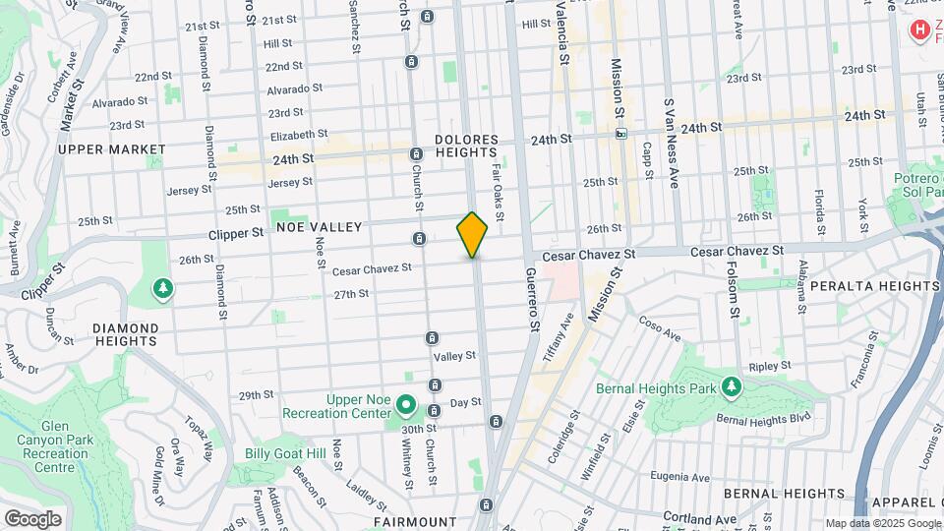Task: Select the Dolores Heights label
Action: coord(466,146)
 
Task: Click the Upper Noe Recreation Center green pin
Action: coord(404,404)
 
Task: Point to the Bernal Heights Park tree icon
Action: coord(730,386)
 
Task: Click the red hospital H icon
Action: coord(920,31)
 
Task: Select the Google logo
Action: coord(32,518)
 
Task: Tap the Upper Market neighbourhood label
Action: coord(111,149)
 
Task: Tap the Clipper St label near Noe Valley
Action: coord(236,234)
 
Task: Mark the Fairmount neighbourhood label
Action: coord(416,522)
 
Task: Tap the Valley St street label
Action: coord(455,356)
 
